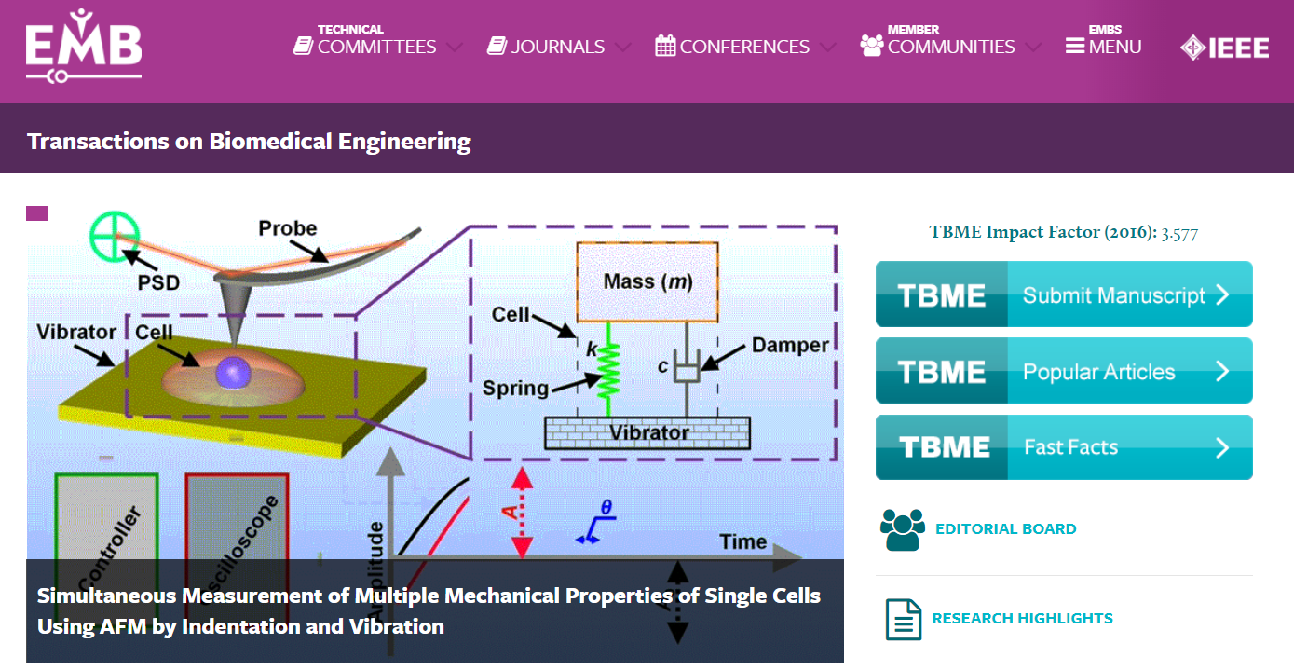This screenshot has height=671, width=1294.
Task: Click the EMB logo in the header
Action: click(x=83, y=46)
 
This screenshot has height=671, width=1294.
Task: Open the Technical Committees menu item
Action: click(x=376, y=46)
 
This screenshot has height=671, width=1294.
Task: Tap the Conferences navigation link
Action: click(x=743, y=47)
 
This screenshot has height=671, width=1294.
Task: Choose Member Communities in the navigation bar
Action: click(x=950, y=46)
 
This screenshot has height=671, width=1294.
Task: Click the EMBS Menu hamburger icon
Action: click(x=1075, y=47)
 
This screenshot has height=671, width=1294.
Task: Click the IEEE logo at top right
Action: click(x=1224, y=48)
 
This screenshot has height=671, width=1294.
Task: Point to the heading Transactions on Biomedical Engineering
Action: click(x=249, y=142)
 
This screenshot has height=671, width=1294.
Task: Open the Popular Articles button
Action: click(x=1064, y=371)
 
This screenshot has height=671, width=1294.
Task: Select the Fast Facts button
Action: click(x=1064, y=447)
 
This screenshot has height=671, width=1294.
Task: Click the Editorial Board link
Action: click(x=1005, y=528)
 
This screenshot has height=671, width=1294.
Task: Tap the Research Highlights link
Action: click(x=1022, y=618)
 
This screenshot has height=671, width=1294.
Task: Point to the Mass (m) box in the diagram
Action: click(x=647, y=281)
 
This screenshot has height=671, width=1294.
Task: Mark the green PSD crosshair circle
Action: click(x=115, y=235)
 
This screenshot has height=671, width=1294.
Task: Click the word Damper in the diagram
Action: click(x=790, y=346)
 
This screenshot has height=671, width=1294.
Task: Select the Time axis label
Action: click(x=742, y=541)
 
